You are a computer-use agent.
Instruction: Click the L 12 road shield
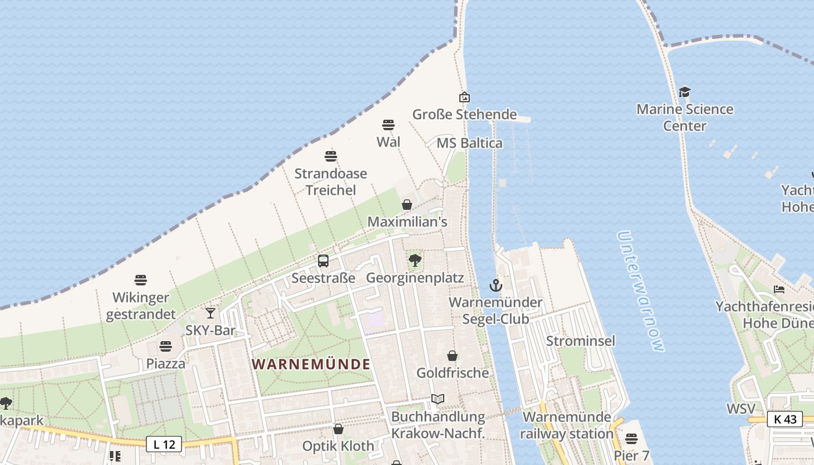pos(164,445)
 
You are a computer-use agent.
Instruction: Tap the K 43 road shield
pos(784,419)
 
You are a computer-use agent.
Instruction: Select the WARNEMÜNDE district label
pos(311,364)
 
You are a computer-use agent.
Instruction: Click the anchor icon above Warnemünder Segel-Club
pos(495,285)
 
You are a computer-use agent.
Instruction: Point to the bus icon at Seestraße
pos(323,261)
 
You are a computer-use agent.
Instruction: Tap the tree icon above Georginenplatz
pos(415,260)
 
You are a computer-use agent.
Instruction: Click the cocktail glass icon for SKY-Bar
pos(210,313)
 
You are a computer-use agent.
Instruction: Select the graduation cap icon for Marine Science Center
pos(684,92)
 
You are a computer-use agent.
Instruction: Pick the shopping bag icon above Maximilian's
pos(407,205)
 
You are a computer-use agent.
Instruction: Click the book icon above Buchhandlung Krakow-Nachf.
pos(438,399)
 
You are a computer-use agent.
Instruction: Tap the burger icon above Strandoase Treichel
pos(331,156)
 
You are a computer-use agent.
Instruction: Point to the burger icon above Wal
pos(388,124)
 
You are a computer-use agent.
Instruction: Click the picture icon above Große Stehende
pos(464,97)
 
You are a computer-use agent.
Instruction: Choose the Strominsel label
pos(580,341)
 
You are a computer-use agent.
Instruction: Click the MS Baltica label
pos(469,143)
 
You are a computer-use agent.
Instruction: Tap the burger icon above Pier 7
pos(631,438)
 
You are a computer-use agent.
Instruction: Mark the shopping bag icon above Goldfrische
pos(452,356)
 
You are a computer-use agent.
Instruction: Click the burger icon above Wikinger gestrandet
pos(141,280)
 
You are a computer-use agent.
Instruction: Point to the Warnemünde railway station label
pos(566,425)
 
